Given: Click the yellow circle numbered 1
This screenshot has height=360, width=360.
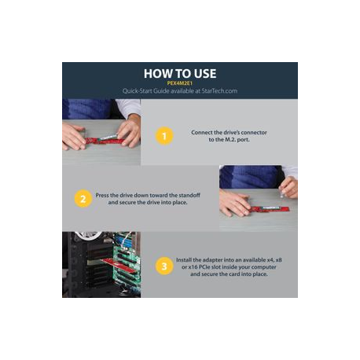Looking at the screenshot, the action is (164, 136).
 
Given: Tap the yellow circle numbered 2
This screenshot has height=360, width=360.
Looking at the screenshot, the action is (83, 199).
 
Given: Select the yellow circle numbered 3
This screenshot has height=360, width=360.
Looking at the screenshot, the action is (164, 266).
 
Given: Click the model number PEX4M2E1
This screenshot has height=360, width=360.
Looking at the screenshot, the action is (180, 83).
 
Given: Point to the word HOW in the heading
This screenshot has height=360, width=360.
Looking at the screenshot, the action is (156, 74).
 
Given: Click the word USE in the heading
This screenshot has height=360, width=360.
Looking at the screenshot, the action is (205, 74).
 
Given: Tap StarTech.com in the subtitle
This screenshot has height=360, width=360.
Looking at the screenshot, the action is (219, 91).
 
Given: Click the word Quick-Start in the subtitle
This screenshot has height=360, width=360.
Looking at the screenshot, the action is (138, 91).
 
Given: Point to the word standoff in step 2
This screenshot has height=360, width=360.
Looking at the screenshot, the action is (189, 195).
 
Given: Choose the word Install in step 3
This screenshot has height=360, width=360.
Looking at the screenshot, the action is (184, 260).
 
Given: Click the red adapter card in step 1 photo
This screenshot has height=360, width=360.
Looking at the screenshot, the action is (105, 141).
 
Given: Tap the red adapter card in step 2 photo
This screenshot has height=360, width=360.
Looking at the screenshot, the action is (270, 209).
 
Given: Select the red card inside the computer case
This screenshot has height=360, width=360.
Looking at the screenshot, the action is (119, 265).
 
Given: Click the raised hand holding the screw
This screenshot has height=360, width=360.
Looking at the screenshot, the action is (288, 187).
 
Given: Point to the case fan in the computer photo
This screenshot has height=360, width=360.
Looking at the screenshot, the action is (88, 235).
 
